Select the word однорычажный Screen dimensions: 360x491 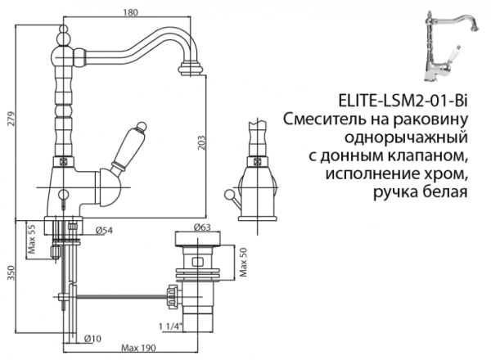(405, 137)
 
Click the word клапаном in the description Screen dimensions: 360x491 (429, 155)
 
